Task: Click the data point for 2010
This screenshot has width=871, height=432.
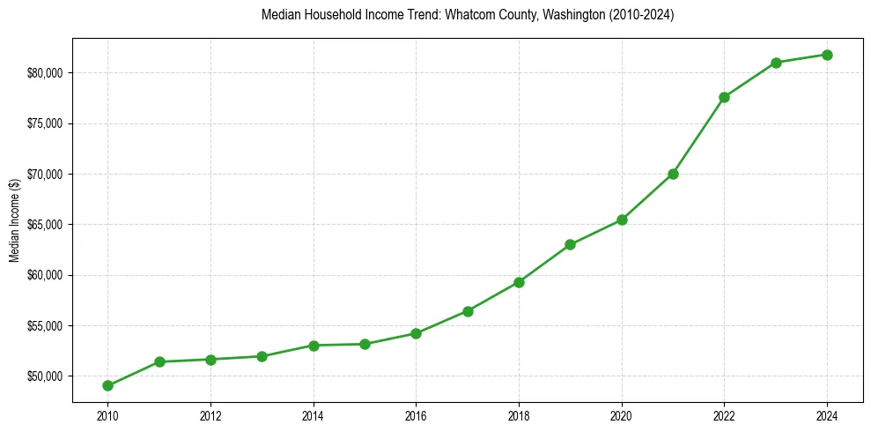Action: coord(107,385)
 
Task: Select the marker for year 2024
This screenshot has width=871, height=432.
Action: coord(828,55)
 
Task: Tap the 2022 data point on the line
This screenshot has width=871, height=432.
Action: coord(724,97)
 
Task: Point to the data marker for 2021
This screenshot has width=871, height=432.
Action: coord(673,174)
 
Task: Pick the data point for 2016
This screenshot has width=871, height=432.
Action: coord(416,333)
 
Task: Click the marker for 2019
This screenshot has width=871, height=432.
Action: coord(570,244)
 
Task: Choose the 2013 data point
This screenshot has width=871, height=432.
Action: coord(262,356)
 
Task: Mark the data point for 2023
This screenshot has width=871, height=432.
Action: coord(776,63)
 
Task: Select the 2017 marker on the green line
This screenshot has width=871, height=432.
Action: coord(468,311)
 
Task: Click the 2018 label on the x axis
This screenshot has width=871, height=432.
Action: coord(519,416)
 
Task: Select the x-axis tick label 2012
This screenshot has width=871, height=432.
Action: coord(210,416)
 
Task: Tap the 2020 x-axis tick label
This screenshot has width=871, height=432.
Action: coord(622,416)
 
